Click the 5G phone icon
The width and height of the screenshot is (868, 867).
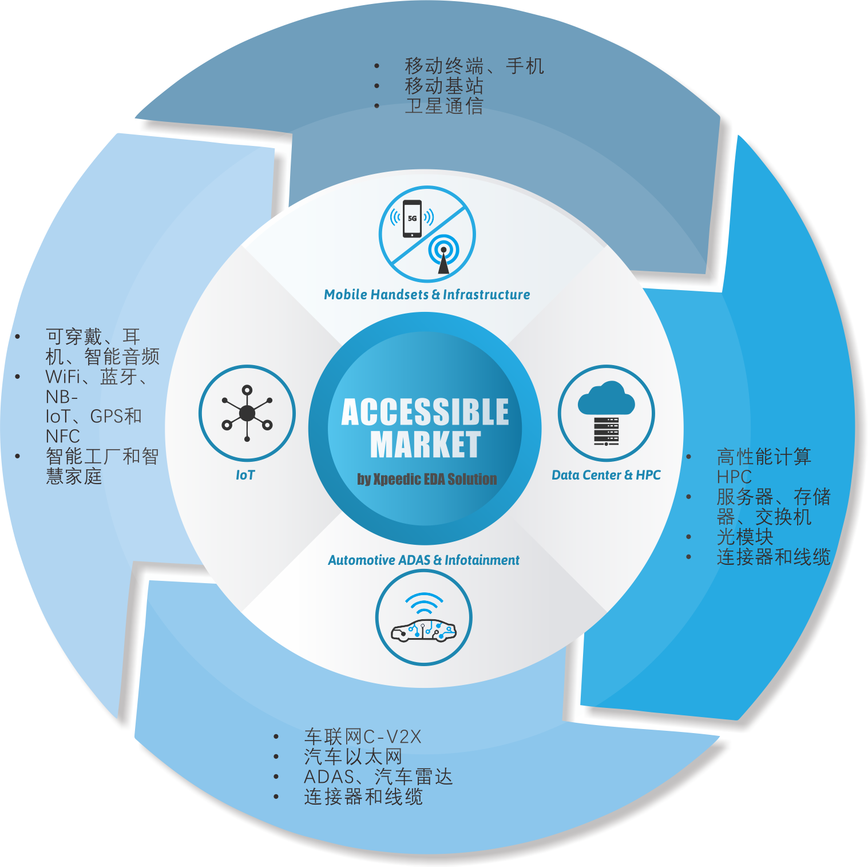click(412, 218)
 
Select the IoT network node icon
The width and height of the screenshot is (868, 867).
click(247, 413)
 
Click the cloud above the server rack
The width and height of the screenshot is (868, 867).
click(607, 398)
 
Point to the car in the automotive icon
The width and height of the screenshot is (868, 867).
click(423, 631)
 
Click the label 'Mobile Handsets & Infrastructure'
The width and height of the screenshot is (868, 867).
click(427, 295)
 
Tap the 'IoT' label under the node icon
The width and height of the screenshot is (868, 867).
click(245, 475)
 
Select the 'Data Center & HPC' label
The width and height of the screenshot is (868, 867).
click(606, 475)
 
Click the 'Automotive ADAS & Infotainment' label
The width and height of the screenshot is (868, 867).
click(423, 560)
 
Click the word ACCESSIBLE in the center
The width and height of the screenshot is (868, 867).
click(425, 412)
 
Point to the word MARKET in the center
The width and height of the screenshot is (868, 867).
click(425, 445)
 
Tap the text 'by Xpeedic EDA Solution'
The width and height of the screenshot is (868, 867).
click(427, 479)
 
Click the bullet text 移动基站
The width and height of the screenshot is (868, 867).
click(444, 86)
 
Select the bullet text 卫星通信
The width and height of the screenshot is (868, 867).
click(444, 106)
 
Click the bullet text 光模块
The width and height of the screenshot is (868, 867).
click(745, 537)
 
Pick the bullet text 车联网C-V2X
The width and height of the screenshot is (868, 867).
click(363, 737)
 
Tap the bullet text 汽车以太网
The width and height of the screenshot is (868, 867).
click(353, 757)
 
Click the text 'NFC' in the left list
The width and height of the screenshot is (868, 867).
click(63, 436)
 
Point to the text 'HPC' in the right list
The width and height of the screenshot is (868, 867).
click(734, 477)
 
